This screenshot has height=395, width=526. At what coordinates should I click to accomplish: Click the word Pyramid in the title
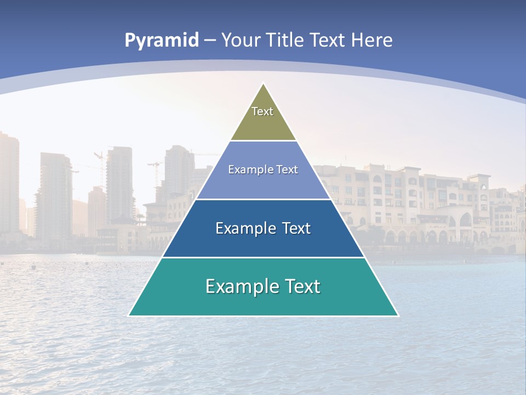[162, 41]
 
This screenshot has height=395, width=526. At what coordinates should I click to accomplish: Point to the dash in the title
[210, 41]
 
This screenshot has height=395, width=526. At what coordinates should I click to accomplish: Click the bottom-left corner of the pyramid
[130, 315]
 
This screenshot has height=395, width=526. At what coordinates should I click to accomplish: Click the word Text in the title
[328, 40]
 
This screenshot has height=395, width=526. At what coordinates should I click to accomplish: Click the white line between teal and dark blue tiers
[263, 257]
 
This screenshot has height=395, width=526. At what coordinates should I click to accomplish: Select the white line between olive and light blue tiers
[263, 141]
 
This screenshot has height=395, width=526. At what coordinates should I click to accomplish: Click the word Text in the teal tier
[301, 286]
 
